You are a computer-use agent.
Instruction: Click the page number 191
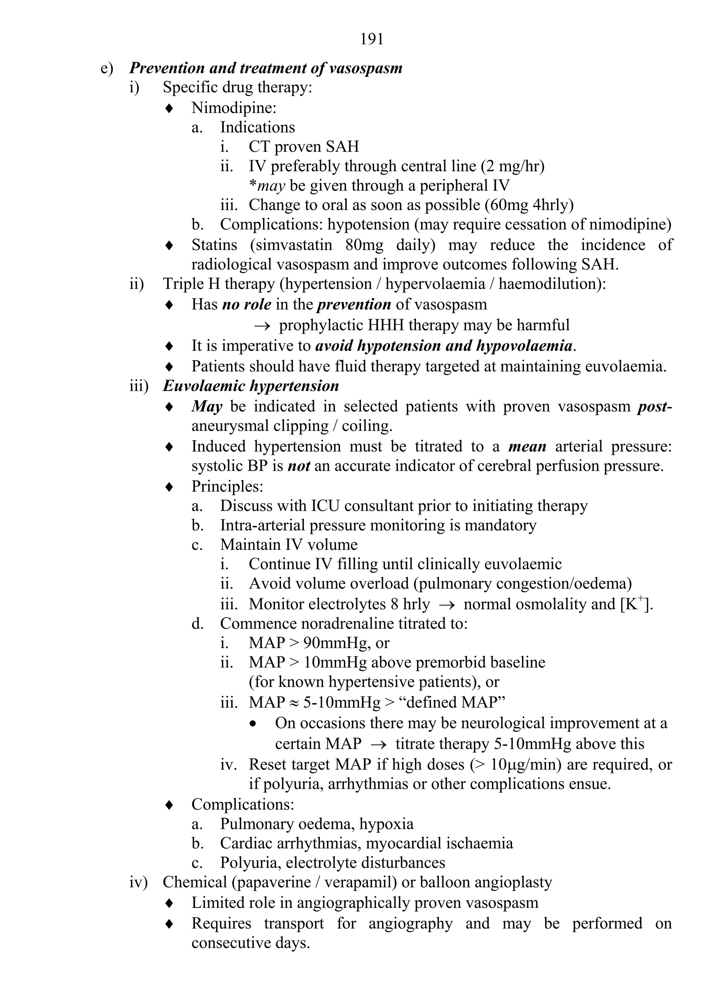[372, 39]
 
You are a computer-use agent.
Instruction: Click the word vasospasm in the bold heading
[365, 68]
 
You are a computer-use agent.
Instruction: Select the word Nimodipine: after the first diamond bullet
[234, 108]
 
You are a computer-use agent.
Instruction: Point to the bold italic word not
[299, 466]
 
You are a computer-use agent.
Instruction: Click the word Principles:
[227, 486]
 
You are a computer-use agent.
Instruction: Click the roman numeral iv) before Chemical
[138, 883]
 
